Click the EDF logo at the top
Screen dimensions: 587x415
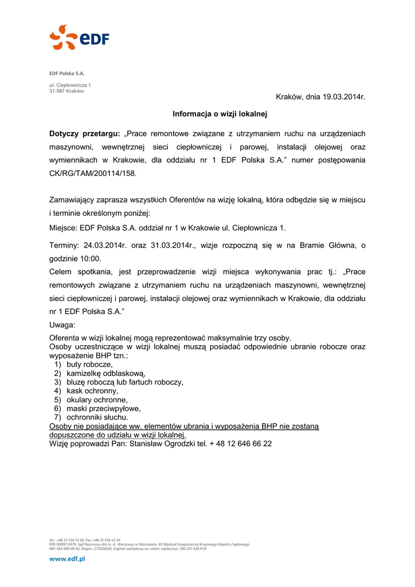click(x=79, y=38)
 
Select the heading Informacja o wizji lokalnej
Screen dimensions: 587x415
click(x=220, y=115)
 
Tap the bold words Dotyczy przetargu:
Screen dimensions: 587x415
click(x=85, y=134)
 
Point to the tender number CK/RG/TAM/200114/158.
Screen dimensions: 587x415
click(x=93, y=173)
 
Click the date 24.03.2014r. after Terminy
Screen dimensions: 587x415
click(x=105, y=245)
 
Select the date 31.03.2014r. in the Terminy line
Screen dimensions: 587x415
click(x=174, y=245)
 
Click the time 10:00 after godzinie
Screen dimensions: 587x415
click(x=91, y=259)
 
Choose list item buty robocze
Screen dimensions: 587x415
click(x=89, y=365)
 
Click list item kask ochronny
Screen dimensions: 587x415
click(x=92, y=391)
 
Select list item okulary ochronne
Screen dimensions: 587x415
click(x=97, y=400)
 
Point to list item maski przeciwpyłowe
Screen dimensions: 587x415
click(x=103, y=409)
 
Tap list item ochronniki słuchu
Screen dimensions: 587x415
click(x=97, y=417)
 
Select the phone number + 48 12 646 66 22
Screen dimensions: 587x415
click(x=241, y=444)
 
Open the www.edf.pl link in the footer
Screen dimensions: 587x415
click(x=66, y=559)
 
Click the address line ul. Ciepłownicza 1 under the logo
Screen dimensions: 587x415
click(x=69, y=85)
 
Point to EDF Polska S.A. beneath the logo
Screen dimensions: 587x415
click(x=66, y=73)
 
